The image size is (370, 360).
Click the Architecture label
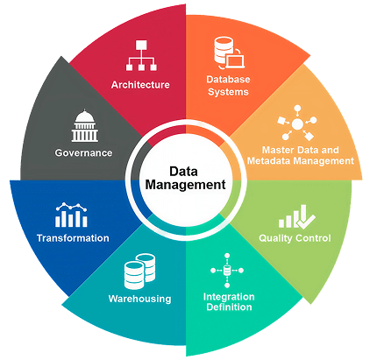pyautogui.click(x=140, y=85)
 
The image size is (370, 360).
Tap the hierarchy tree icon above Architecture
pyautogui.click(x=141, y=55)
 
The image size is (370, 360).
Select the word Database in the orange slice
pyautogui.click(x=228, y=79)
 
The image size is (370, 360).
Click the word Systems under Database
pyautogui.click(x=228, y=92)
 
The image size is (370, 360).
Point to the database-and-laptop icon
pyautogui.click(x=230, y=53)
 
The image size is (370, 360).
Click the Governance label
pyautogui.click(x=83, y=152)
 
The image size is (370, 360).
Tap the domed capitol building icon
pyautogui.click(x=84, y=126)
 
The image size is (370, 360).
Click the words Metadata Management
pyautogui.click(x=301, y=161)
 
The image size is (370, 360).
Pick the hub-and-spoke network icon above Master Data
pyautogui.click(x=297, y=123)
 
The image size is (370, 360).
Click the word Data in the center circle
pyautogui.click(x=183, y=172)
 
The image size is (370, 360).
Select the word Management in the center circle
pyautogui.click(x=186, y=185)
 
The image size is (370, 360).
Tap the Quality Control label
pyautogui.click(x=295, y=238)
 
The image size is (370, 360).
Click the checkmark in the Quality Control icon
pyautogui.click(x=305, y=222)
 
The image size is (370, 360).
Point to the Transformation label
pyautogui.click(x=73, y=238)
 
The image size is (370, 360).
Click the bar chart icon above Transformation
pyautogui.click(x=71, y=215)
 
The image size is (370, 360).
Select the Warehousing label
pyautogui.click(x=139, y=299)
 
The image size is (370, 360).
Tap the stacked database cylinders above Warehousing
pyautogui.click(x=139, y=272)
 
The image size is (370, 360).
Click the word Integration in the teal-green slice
pyautogui.click(x=229, y=297)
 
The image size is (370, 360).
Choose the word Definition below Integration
pyautogui.click(x=229, y=307)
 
